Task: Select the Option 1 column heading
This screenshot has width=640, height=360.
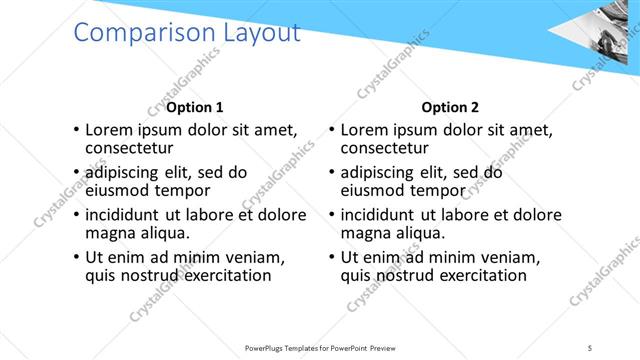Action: (195, 107)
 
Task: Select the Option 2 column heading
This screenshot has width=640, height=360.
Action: (450, 107)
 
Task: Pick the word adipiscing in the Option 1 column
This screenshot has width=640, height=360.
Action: (128, 172)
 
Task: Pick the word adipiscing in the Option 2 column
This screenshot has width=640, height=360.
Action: (383, 172)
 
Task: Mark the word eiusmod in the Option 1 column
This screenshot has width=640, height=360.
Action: (118, 190)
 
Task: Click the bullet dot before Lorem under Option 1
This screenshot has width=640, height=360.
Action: (77, 130)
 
